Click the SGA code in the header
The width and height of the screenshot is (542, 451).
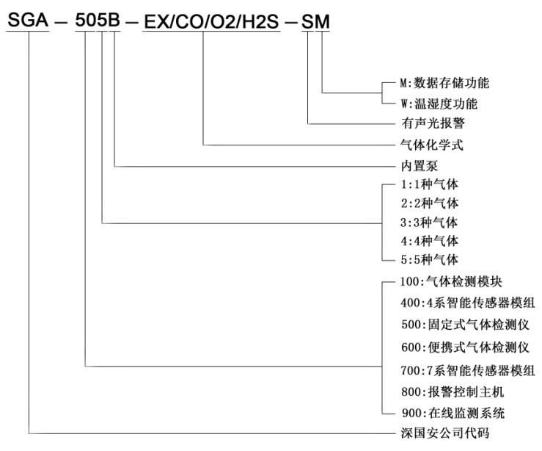pos(28,20)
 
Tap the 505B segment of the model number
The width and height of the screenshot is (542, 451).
pos(98,20)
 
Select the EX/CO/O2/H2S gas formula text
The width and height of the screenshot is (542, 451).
pos(211,22)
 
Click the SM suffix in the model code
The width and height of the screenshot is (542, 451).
pos(315,22)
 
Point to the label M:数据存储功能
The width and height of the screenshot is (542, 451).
pos(444,83)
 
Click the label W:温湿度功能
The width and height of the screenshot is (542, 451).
pos(439,104)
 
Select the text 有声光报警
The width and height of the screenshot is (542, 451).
pos(433,123)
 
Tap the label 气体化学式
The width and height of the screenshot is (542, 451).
pos(432,145)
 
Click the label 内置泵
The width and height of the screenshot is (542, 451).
pos(420,166)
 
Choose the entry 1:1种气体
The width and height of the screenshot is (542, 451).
pos(429,184)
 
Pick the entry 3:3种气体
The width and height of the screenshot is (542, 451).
pos(429,223)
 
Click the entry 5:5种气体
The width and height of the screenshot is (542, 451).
pos(429,259)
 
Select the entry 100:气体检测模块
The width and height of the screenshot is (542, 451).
pos(451,281)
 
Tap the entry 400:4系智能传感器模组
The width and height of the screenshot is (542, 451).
pos(468,303)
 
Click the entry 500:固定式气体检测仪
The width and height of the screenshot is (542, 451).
pos(465,325)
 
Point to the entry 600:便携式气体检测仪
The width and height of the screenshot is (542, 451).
pos(465,347)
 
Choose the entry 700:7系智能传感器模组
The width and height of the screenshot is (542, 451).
pos(468,371)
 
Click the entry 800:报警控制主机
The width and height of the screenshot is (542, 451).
pos(453,392)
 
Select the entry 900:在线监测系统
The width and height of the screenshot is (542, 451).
pos(453,413)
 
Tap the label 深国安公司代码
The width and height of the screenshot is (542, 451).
pos(445,433)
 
